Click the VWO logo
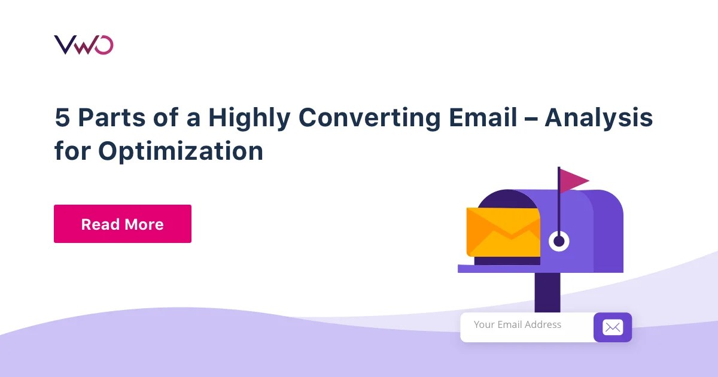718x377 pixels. (83, 45)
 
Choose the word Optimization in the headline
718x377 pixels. (181, 151)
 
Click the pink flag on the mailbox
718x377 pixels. (573, 180)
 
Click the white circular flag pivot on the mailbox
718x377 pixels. (559, 241)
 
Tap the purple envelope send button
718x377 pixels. (612, 327)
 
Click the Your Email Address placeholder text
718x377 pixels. (518, 325)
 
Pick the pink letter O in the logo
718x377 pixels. (104, 45)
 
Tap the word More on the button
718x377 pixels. (143, 224)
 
